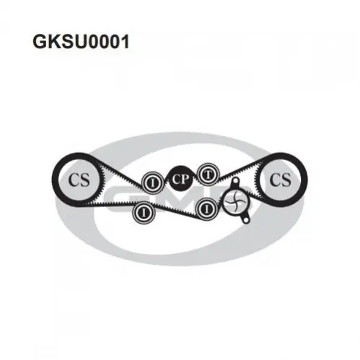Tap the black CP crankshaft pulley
(x=180, y=179)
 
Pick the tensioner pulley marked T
(x=208, y=175)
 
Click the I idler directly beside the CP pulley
(x=152, y=183)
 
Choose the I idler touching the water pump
(x=207, y=209)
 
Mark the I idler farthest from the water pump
(x=144, y=212)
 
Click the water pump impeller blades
(x=234, y=201)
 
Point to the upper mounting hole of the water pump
(x=234, y=180)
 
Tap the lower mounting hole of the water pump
(x=245, y=220)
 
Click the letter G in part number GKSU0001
(x=40, y=42)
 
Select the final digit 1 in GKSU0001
(x=125, y=42)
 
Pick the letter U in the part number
(x=82, y=42)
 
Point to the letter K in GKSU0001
(x=56, y=42)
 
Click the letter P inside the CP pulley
(x=185, y=180)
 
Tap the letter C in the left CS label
(x=74, y=180)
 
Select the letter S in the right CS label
(x=286, y=180)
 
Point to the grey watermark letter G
(x=120, y=198)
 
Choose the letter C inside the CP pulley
(x=175, y=180)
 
